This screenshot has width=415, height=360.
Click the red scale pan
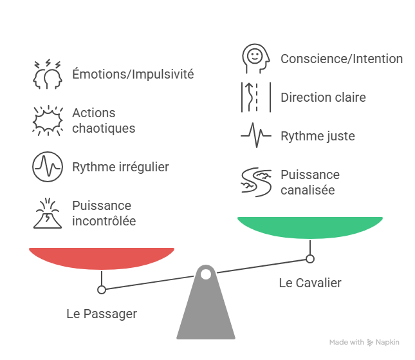102,258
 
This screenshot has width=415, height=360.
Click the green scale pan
310,227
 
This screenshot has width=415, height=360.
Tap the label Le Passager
102,314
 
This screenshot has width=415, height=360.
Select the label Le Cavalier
310,283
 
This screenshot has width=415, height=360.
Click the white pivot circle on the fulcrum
206,274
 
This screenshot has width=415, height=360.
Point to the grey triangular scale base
206,312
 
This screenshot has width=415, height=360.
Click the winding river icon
256,182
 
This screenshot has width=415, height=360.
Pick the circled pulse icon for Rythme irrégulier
48,167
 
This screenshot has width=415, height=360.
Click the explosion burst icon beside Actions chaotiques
48,120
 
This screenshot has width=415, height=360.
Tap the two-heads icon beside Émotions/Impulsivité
48,74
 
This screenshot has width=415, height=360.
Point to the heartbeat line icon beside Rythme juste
256,137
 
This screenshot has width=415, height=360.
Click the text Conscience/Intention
342,59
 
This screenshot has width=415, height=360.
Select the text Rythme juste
317,137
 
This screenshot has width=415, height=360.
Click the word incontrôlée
104,222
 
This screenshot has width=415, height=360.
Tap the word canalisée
308,190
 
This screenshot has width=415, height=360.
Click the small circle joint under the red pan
101,290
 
